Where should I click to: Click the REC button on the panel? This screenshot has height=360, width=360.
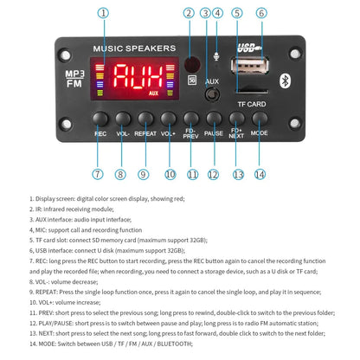100,119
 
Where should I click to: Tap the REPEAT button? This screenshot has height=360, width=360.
145,119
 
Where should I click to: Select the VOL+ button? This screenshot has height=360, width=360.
168,119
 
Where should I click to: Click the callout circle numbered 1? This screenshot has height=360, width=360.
104,13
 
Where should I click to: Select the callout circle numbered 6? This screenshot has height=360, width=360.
261,13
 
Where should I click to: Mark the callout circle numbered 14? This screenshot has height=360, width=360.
260,175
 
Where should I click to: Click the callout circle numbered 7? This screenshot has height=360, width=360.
97,175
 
